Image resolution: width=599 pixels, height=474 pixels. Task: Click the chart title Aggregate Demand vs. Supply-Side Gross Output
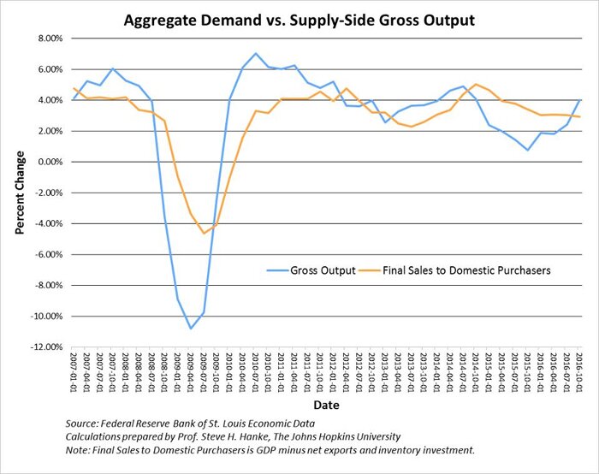click(x=300, y=18)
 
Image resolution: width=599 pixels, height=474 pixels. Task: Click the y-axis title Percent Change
click(x=18, y=193)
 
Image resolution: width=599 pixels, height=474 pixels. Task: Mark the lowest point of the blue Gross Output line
click(x=191, y=329)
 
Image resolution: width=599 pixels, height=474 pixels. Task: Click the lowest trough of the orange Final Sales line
click(x=204, y=233)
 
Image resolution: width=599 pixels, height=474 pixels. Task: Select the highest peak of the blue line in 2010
click(x=255, y=54)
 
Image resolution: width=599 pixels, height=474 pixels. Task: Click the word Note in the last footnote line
click(x=78, y=450)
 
